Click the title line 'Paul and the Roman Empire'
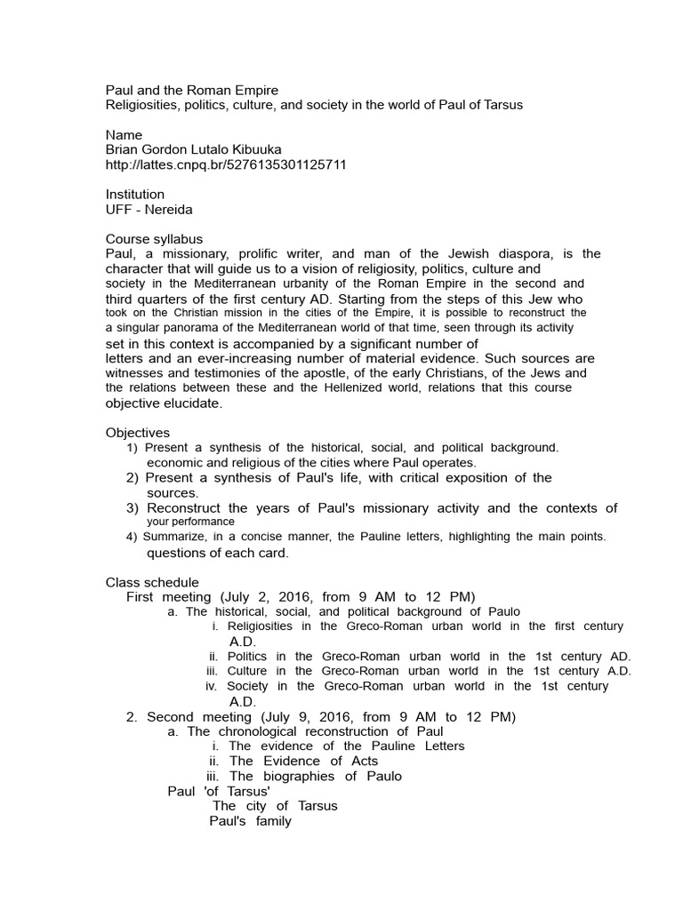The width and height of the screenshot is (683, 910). point(191,90)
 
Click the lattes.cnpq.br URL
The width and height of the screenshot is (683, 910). point(226,164)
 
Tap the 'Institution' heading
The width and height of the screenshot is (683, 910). point(134,194)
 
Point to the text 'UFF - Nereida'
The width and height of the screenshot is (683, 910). point(149,209)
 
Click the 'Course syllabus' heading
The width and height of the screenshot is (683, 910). point(154,239)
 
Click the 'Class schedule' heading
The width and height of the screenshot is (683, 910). point(152,581)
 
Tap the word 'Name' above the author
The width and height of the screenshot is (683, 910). point(124,135)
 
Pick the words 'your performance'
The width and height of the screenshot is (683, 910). point(190,522)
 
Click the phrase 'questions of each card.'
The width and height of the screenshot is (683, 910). point(218,553)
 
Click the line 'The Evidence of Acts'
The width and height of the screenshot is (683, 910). point(303,761)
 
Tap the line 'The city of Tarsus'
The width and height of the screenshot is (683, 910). point(275,806)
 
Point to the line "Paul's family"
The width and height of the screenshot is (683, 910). point(250,821)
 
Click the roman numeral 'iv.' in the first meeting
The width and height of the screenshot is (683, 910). point(211,686)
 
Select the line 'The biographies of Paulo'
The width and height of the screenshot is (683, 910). point(315,776)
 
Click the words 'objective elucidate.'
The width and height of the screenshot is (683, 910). point(164,403)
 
